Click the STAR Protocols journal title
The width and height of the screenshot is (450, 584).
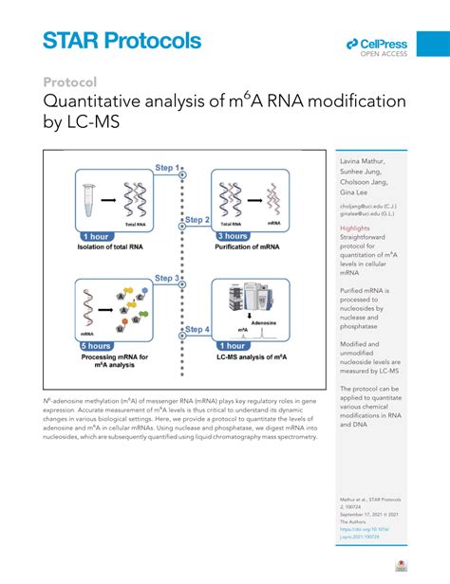pyautogui.click(x=122, y=41)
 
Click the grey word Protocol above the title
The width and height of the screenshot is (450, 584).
pyautogui.click(x=70, y=82)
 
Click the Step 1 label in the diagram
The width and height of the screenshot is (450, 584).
pyautogui.click(x=168, y=168)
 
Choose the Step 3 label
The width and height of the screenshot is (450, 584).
pyautogui.click(x=168, y=278)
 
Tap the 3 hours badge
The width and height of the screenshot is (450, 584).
pyautogui.click(x=233, y=236)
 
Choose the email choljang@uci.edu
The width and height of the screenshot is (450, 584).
pyautogui.click(x=366, y=206)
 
